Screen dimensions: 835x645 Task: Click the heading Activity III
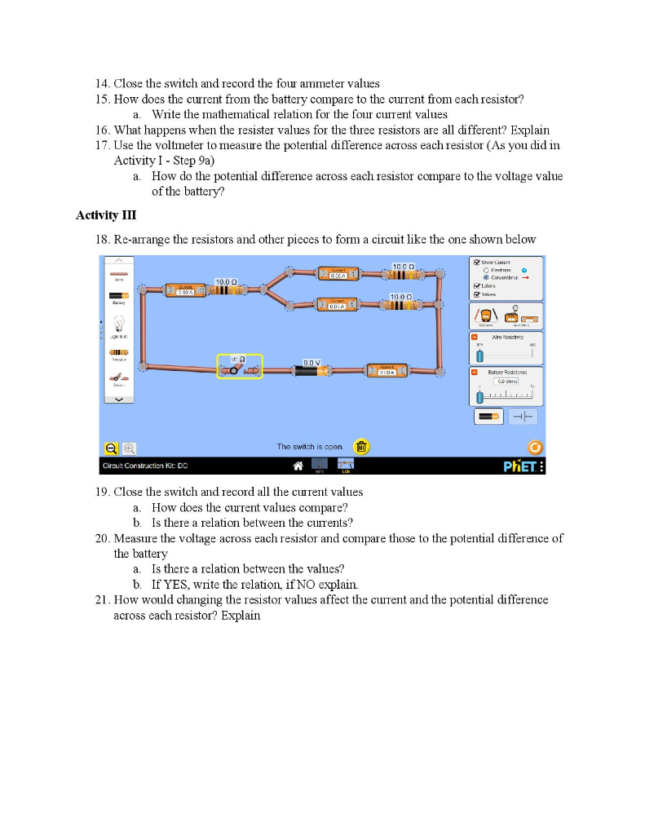coord(106,215)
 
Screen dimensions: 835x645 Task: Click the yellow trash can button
coord(361,447)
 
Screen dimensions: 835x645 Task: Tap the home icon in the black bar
coord(299,466)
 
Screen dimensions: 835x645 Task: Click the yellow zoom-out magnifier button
coord(111,448)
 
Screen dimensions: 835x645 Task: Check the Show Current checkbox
coord(477,263)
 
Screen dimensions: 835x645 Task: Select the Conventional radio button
coord(487,277)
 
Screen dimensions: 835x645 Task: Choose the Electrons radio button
coord(487,270)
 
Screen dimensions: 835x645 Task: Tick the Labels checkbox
coord(477,286)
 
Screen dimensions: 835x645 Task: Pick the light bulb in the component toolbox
coord(118,325)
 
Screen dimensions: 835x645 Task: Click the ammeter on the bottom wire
coord(387,370)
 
